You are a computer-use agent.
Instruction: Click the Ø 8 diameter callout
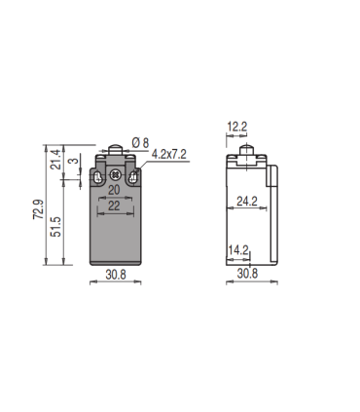[x=141, y=143]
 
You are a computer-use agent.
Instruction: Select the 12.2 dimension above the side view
[x=238, y=126]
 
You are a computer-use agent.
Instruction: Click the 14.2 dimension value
[x=238, y=250]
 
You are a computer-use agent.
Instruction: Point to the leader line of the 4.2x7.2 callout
[x=144, y=165]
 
